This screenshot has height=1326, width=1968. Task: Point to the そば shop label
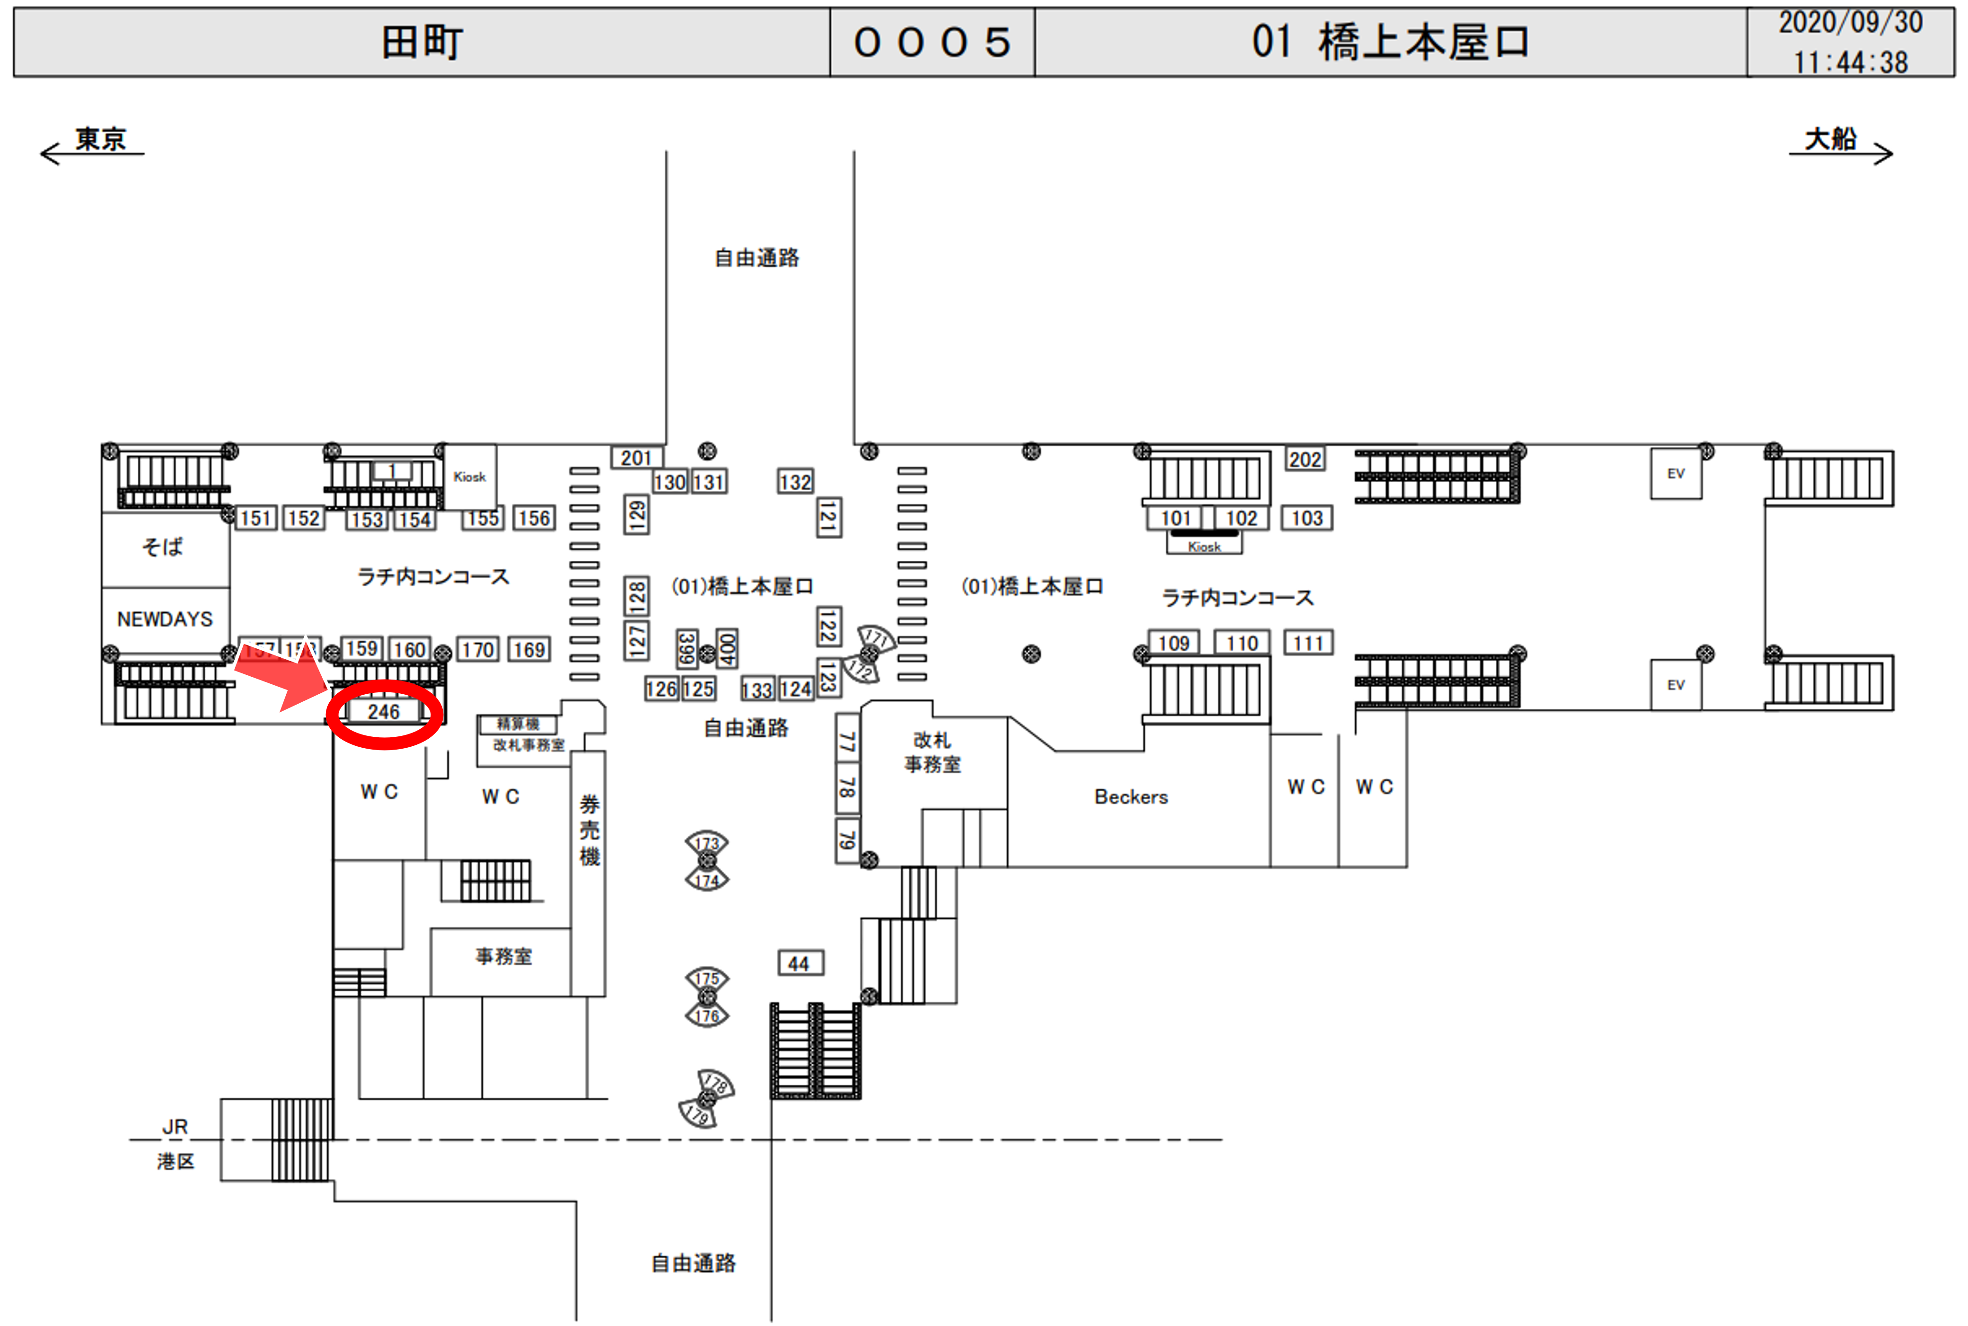point(162,546)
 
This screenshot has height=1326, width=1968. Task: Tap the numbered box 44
point(799,963)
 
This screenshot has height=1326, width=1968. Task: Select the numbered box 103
point(1307,518)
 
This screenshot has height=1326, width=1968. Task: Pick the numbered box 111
point(1308,644)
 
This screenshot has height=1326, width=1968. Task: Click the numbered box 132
point(795,482)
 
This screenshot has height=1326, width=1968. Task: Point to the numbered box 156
point(534,518)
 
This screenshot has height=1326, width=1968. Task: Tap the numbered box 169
point(529,649)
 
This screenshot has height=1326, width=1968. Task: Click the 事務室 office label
point(504,956)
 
